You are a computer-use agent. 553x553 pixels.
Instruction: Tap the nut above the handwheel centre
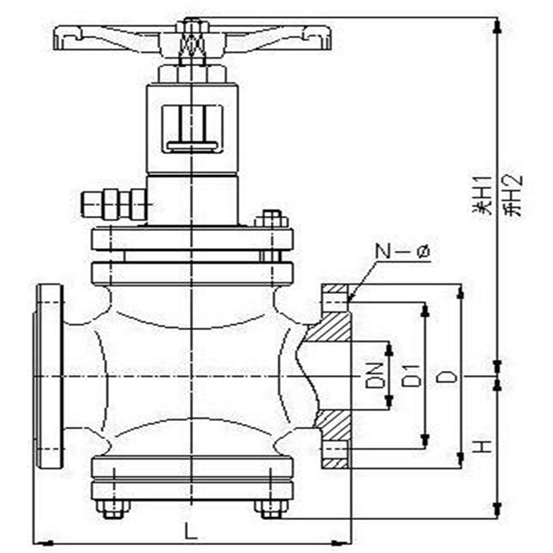click(192, 27)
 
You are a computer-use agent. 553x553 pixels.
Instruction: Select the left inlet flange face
click(49, 377)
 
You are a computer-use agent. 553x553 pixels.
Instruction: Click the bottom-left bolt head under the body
click(113, 509)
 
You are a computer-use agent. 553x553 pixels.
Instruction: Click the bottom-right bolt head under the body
click(270, 509)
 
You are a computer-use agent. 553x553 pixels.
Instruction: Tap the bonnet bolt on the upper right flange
click(270, 219)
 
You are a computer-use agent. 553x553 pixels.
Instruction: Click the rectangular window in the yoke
click(192, 129)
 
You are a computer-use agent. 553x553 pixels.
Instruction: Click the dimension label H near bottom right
click(483, 446)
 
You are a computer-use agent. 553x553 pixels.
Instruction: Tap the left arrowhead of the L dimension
click(39, 542)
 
